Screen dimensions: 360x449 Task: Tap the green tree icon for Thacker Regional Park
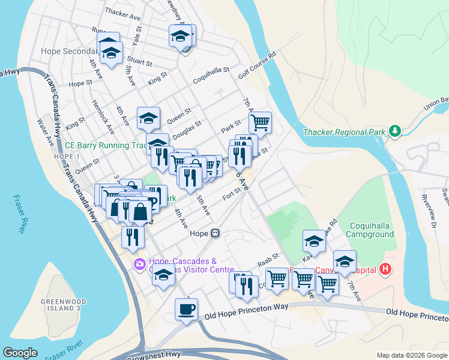(x=394, y=131)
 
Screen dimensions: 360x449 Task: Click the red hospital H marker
(x=385, y=270)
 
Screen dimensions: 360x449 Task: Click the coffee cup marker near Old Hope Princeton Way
(x=186, y=309)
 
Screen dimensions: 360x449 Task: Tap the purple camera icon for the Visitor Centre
(x=140, y=263)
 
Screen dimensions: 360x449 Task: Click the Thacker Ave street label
(x=122, y=11)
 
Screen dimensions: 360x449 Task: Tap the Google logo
(x=20, y=353)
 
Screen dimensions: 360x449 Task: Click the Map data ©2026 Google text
(x=411, y=355)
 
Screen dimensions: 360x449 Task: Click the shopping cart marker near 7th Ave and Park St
(x=260, y=123)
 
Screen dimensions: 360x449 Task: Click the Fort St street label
(x=231, y=193)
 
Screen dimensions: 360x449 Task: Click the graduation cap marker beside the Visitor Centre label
(x=163, y=276)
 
